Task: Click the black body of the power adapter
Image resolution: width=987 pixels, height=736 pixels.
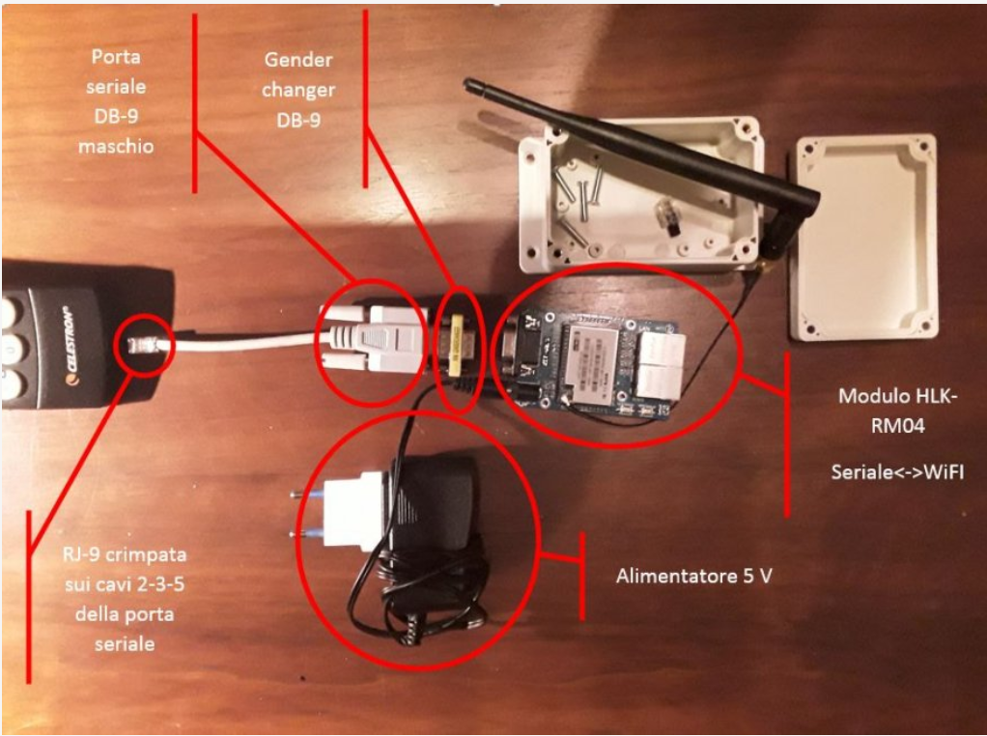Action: pyautogui.click(x=435, y=502)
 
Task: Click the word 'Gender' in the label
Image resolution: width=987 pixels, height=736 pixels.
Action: pyautogui.click(x=298, y=60)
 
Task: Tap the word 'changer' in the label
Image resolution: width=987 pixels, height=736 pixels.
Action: pyautogui.click(x=298, y=90)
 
